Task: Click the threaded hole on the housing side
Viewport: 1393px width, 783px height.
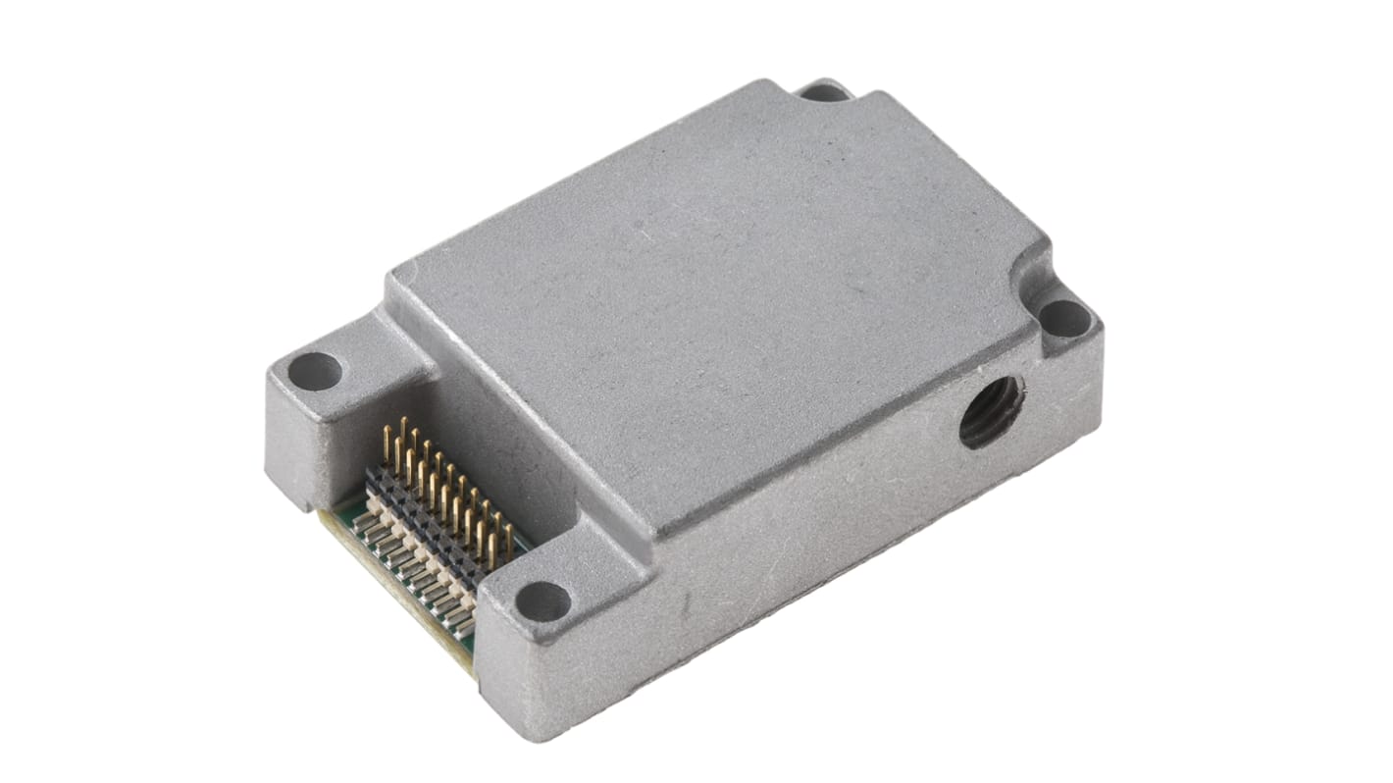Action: [x=992, y=411]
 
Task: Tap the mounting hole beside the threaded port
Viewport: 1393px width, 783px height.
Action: [x=1064, y=318]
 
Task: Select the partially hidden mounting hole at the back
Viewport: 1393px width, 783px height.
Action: [x=825, y=92]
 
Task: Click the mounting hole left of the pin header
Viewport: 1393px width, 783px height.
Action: [x=315, y=372]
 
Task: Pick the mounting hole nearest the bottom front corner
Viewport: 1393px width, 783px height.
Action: [x=542, y=600]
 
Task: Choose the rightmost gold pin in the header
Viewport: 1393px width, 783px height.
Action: [x=508, y=535]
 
